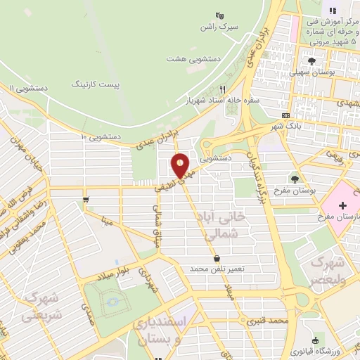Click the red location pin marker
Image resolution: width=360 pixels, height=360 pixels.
[x=181, y=165]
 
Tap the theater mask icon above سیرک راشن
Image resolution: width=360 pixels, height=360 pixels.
[x=219, y=15]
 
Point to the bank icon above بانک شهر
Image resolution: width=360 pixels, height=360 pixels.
[x=285, y=116]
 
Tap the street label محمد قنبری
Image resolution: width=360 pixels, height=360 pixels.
[x=268, y=321]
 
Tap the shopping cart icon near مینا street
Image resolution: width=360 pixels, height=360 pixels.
[x=86, y=200]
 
